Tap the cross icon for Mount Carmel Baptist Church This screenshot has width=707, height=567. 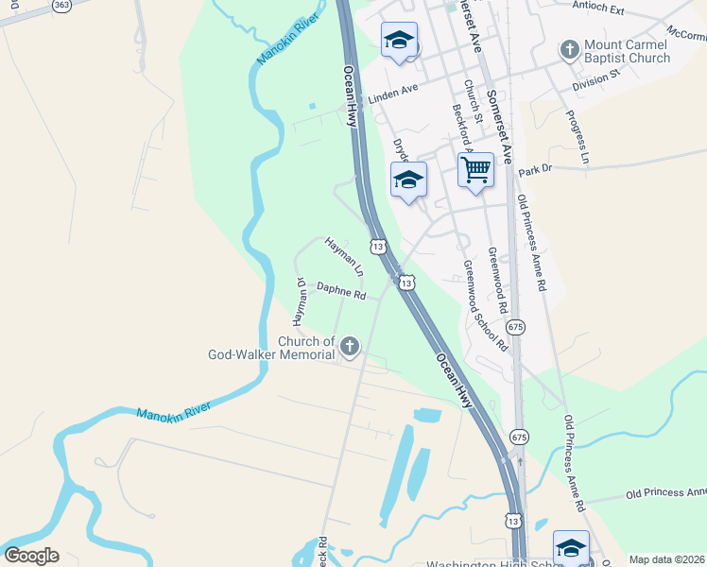[570, 48]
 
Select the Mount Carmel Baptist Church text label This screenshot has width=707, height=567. [627, 50]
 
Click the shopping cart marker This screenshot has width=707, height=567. [476, 171]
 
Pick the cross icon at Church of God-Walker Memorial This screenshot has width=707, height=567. [350, 347]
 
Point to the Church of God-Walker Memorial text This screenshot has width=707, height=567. [272, 348]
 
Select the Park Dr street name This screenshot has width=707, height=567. [534, 169]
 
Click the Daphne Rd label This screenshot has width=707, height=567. [340, 291]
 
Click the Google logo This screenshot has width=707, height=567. [31, 555]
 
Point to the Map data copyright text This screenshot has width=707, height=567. [667, 559]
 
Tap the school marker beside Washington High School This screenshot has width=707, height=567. [571, 547]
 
